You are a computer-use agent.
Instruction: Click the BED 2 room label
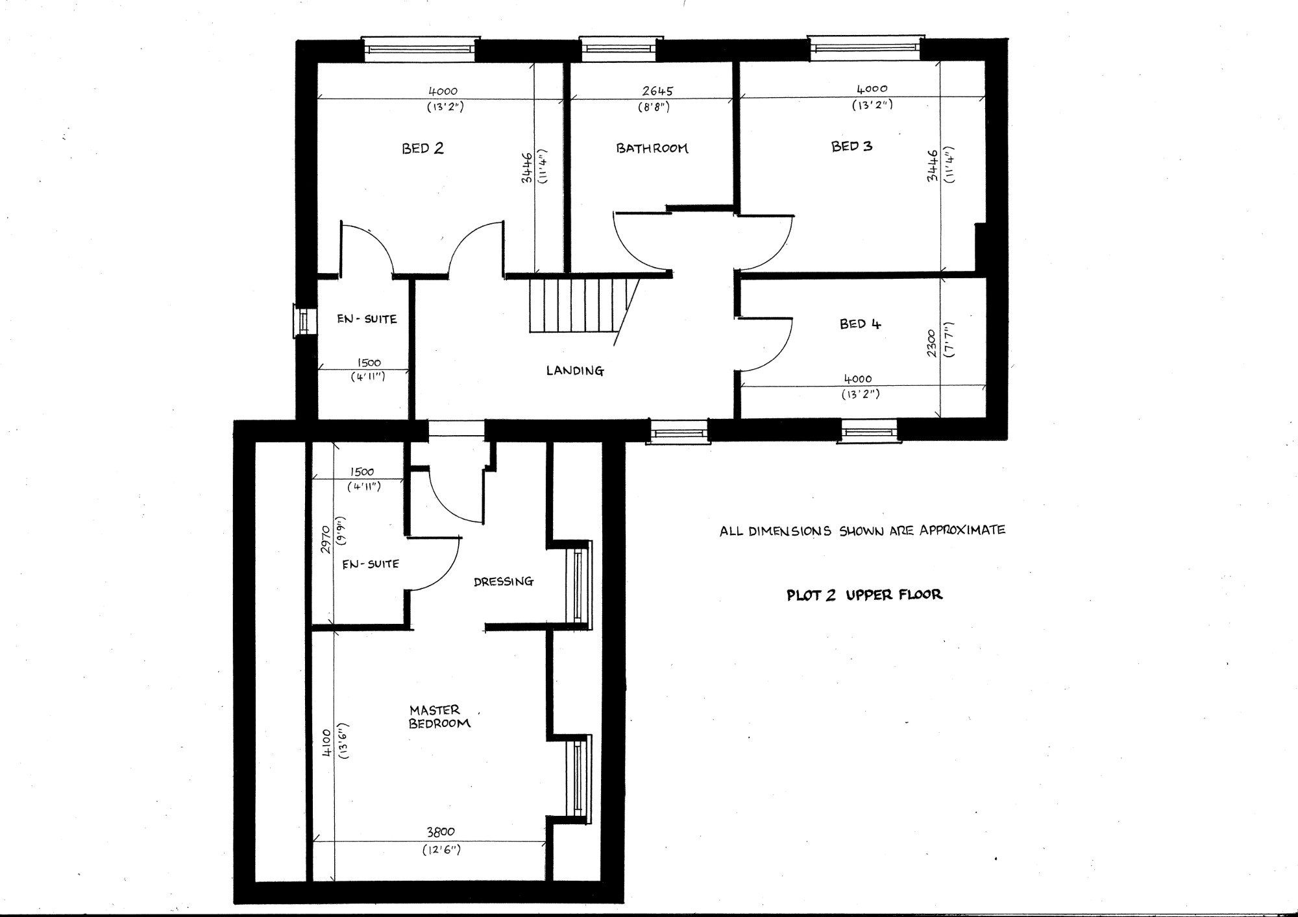(x=422, y=149)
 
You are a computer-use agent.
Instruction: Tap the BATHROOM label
(x=652, y=149)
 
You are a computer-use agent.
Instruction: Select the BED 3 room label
(x=851, y=147)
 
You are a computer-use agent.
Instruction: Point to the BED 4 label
(x=860, y=324)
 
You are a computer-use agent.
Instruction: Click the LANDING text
(x=574, y=371)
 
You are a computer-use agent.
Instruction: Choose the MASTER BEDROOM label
(x=438, y=717)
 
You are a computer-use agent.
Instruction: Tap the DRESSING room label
(x=503, y=582)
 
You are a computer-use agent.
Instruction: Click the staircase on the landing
(x=578, y=305)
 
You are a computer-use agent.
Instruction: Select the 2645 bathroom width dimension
(x=657, y=91)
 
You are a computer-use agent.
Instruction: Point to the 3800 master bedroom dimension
(x=441, y=832)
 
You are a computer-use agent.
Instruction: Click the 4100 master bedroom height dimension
(x=326, y=743)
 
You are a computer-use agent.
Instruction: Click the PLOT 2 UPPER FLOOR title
(x=864, y=595)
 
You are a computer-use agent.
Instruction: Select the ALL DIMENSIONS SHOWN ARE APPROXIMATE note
(x=862, y=531)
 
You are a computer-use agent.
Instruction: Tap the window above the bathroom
(x=617, y=49)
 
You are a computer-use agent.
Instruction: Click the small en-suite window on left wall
(x=302, y=321)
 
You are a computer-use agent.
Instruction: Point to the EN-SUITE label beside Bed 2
(x=367, y=319)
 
